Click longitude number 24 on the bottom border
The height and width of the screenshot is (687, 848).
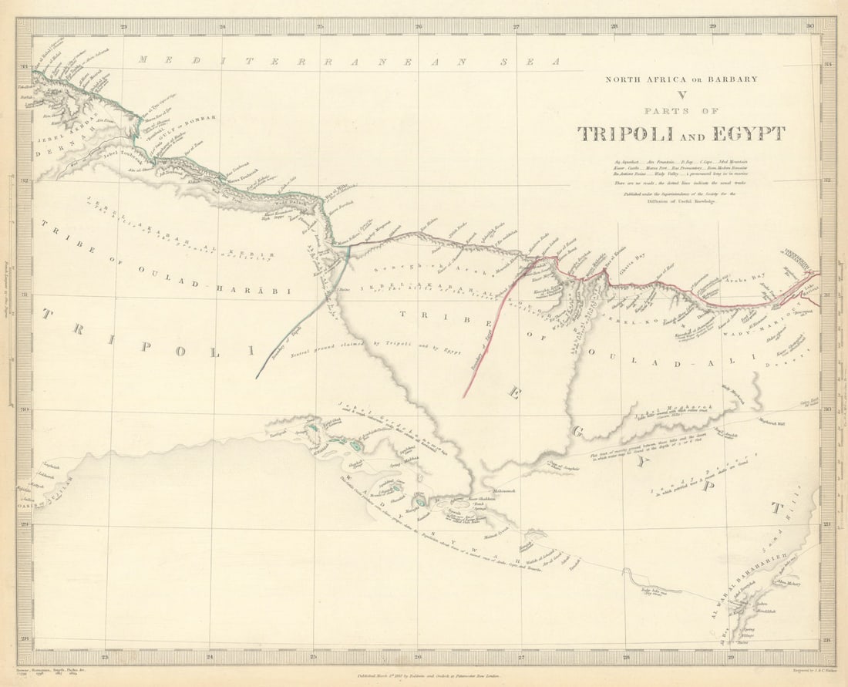click(x=210, y=658)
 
